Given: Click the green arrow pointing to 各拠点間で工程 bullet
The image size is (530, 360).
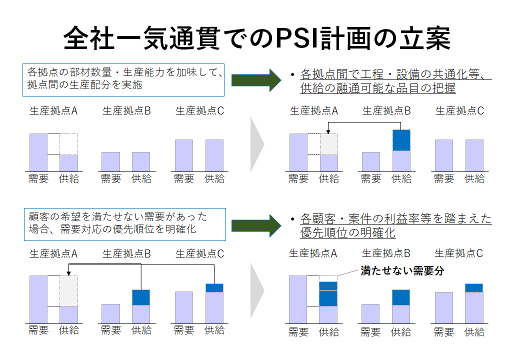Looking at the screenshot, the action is click(x=256, y=80).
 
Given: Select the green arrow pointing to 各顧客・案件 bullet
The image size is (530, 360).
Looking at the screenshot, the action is click(x=256, y=225).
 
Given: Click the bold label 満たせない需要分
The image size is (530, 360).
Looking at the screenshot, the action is click(x=402, y=271).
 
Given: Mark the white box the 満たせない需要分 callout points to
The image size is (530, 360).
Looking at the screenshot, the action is click(x=328, y=278).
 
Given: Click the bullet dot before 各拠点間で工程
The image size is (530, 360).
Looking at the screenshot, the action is click(x=292, y=74).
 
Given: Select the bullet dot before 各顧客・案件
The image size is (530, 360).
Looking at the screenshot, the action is click(x=292, y=219).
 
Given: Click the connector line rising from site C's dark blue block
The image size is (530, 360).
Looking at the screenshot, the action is click(x=214, y=274).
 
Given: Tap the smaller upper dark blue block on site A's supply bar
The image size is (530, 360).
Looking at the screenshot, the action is click(x=328, y=286).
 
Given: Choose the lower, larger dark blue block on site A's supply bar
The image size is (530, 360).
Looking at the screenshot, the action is click(x=328, y=298).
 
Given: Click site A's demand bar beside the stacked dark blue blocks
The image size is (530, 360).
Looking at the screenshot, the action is click(x=298, y=299).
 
